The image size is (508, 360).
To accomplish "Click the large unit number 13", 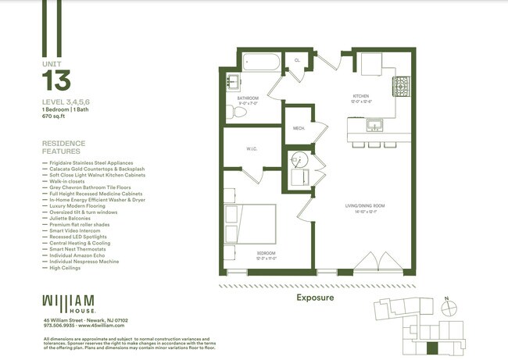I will [x=56, y=80].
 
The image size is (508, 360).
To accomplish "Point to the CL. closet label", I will [x=297, y=60].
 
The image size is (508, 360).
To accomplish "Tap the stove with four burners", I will [x=401, y=87].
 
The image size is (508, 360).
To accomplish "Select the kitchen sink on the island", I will [x=375, y=126].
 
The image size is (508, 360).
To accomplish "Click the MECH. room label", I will [x=298, y=128].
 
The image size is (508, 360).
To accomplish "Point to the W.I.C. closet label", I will [x=252, y=149].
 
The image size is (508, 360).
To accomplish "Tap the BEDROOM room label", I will [x=266, y=254].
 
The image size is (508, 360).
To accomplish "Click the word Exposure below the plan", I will [x=315, y=298].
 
